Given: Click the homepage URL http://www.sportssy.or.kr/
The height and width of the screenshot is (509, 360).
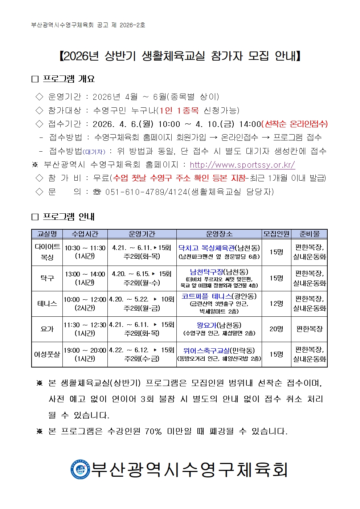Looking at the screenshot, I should tap(242, 165).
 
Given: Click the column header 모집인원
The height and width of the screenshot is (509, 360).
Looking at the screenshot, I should tap(276, 234).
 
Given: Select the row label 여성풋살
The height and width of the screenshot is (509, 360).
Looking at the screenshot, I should tap(47, 354).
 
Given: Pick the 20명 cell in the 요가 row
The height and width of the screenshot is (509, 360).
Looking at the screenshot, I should tap(276, 329).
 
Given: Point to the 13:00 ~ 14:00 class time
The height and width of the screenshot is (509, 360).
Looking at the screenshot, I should tap(85, 274).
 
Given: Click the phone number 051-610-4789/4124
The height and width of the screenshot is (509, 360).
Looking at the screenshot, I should tap(146, 192).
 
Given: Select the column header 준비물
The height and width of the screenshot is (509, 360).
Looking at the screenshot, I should tap(309, 234).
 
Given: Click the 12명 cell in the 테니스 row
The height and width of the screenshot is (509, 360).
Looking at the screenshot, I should tap(276, 303).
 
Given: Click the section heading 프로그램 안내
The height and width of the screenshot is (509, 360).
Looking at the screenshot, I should tap(68, 217).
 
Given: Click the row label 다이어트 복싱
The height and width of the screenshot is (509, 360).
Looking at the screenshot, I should tap(47, 252).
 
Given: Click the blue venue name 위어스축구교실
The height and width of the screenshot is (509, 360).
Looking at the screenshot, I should tap(206, 350).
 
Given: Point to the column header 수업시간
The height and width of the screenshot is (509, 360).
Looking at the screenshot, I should tap(85, 234).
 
